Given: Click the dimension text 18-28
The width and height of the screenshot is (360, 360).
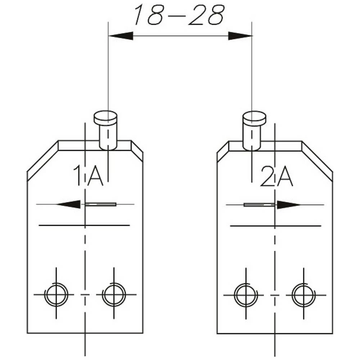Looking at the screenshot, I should click(x=179, y=15).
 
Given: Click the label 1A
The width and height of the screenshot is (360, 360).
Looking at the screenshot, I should click(x=89, y=175).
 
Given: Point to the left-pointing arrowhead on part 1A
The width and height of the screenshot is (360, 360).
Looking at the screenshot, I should click(x=69, y=204).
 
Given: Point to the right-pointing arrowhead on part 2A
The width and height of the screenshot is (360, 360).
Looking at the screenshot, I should click(x=288, y=205).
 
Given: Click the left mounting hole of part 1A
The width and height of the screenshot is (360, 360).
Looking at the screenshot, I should click(x=56, y=294).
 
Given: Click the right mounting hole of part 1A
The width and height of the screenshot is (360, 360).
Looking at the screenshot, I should click(x=114, y=294).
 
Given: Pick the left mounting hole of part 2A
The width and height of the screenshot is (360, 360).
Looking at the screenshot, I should click(x=246, y=295).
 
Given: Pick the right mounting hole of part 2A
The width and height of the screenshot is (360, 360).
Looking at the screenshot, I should click(x=303, y=295).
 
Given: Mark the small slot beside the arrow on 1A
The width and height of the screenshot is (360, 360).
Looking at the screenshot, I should click(x=101, y=204).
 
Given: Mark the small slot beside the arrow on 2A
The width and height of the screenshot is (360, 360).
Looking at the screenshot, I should click(x=259, y=205).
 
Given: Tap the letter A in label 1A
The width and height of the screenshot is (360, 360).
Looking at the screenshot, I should click(x=95, y=175).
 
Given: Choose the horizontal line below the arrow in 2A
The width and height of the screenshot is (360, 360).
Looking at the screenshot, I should click(x=275, y=226).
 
